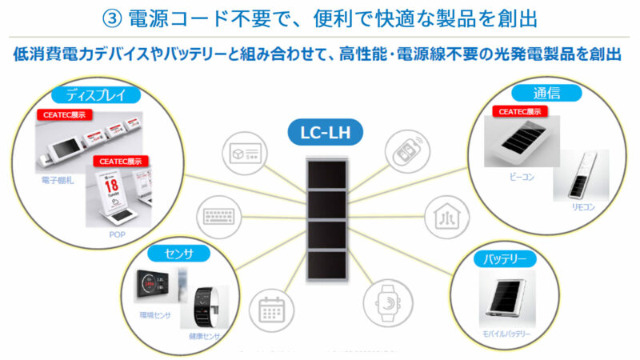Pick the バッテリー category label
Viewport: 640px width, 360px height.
coord(505,259)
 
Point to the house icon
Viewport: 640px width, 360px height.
coord(443,215)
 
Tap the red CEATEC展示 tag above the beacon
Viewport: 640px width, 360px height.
coord(520,111)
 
